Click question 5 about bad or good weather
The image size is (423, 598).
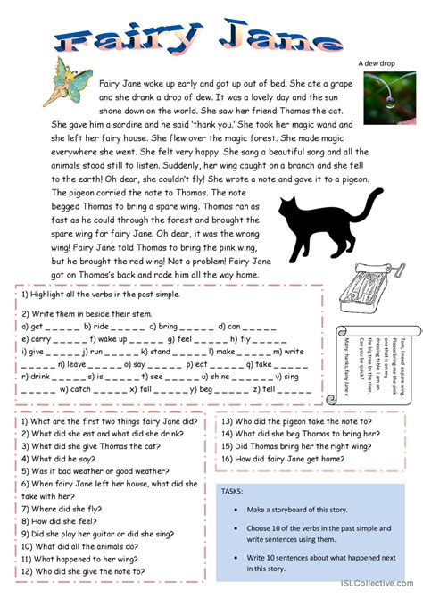coord(95,470)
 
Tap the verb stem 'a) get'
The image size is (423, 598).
coord(31,327)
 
